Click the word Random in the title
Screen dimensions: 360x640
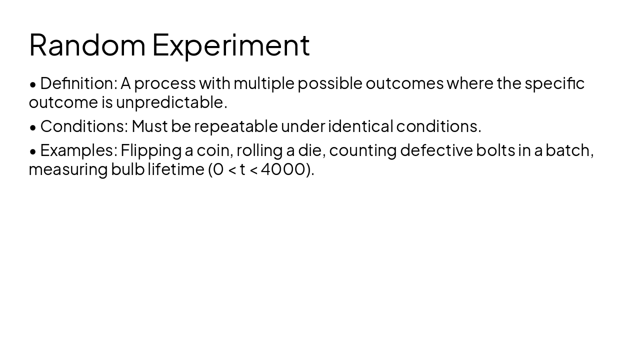tap(87, 45)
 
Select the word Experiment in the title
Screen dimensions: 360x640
tap(230, 45)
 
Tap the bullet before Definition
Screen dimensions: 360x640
tap(33, 84)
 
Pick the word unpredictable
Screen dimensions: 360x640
tap(171, 102)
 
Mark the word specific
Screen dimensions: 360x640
tap(554, 83)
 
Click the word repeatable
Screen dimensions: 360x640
tap(236, 126)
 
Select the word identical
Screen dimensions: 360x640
tap(360, 126)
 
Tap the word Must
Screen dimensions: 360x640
tap(149, 126)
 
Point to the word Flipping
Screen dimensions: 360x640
tap(151, 150)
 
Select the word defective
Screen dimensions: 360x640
tap(436, 150)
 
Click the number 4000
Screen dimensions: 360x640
tap(283, 169)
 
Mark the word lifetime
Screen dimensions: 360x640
tap(175, 169)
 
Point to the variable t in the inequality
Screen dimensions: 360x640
tap(242, 169)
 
